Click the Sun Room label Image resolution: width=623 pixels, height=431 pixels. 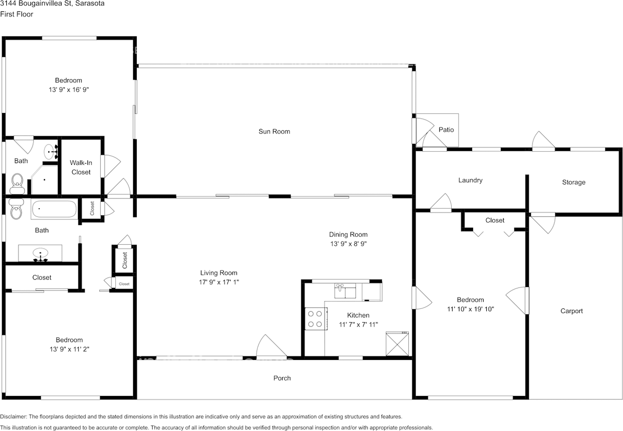[274, 131]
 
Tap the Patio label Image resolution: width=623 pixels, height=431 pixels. [446, 130]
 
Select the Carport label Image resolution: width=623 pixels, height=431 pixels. [571, 311]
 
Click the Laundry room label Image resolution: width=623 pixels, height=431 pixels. [470, 180]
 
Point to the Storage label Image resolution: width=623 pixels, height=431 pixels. [573, 182]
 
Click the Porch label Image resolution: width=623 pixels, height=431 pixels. [282, 378]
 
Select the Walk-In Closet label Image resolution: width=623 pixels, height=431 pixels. [81, 167]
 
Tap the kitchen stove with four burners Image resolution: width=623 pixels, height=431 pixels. [315, 319]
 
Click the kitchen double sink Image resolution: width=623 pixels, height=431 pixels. [346, 291]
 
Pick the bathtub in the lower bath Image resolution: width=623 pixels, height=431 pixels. [54, 210]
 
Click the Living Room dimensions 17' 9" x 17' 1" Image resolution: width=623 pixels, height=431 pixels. [219, 282]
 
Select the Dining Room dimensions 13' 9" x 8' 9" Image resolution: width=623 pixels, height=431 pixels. [348, 244]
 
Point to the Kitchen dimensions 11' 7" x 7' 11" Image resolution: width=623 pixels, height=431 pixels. [358, 324]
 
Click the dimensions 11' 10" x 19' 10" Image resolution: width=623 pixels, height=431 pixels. [470, 309]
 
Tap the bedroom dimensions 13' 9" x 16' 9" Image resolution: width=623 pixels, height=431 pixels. [68, 90]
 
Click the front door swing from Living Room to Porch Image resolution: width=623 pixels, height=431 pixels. [271, 348]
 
